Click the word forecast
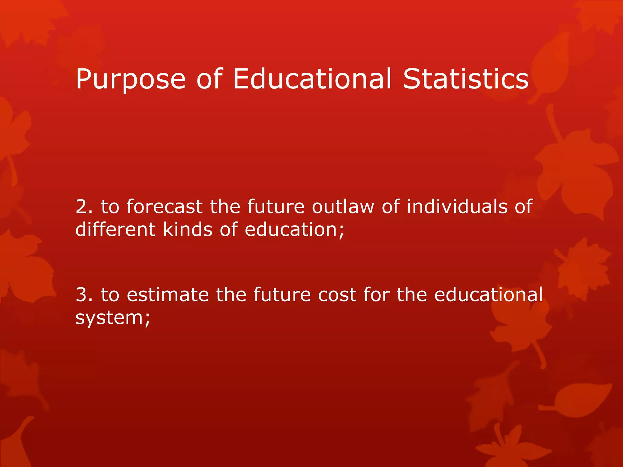(x=164, y=206)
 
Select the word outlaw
(x=343, y=206)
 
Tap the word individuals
(x=457, y=206)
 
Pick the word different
(x=115, y=229)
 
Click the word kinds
(x=188, y=229)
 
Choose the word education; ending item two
(x=294, y=230)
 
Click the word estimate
(x=168, y=295)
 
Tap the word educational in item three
(x=488, y=295)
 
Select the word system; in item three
(x=113, y=318)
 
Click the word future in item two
(x=276, y=206)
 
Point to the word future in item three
(x=282, y=295)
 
